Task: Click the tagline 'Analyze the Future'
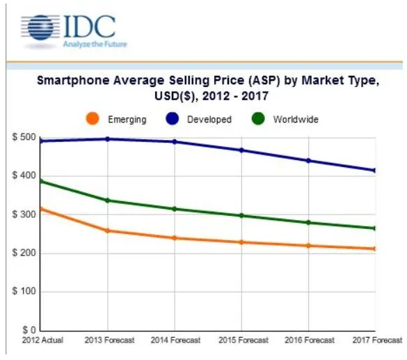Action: [94, 45]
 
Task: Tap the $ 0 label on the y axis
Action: [28, 329]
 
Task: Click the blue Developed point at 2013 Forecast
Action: [107, 139]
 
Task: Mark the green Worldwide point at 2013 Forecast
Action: [107, 201]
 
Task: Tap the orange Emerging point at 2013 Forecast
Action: [107, 230]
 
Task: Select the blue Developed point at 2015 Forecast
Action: [241, 150]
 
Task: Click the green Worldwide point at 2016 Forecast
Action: [308, 223]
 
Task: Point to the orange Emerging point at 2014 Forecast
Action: [174, 238]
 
